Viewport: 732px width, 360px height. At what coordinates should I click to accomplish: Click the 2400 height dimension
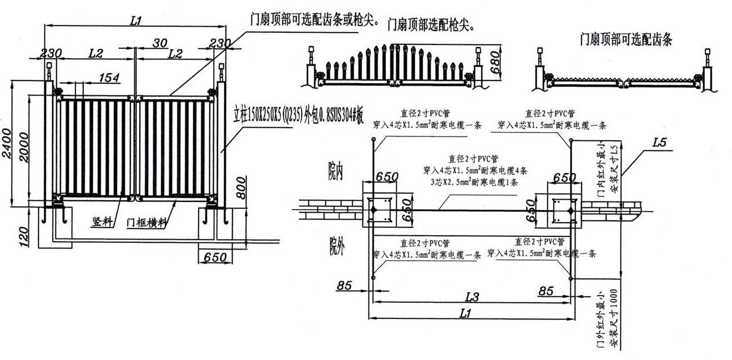click(x=7, y=144)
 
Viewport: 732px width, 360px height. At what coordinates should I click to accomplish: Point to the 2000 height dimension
click(x=23, y=145)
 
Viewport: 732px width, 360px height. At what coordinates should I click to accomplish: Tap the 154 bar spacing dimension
click(x=109, y=78)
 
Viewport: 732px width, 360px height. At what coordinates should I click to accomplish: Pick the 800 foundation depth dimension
click(x=240, y=191)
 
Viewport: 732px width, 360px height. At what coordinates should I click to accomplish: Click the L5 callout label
click(x=659, y=142)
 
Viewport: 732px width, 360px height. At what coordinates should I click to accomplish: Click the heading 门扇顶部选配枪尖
click(x=432, y=24)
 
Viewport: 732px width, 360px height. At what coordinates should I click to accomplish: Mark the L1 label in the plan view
click(x=466, y=313)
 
